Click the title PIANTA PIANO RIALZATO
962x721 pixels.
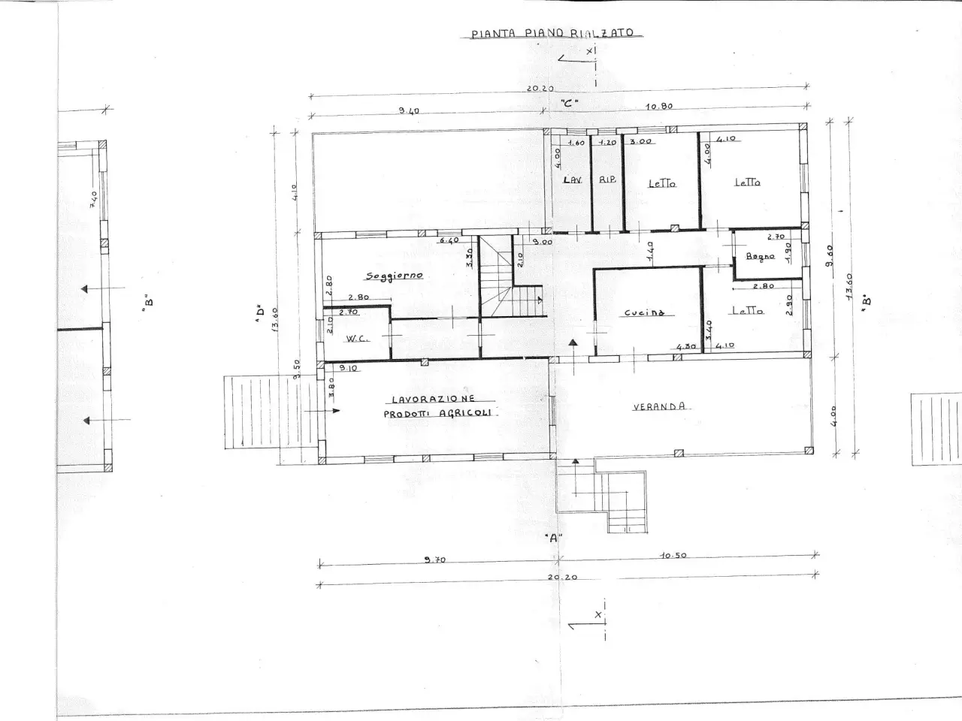(552, 34)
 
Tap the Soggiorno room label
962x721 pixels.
(395, 276)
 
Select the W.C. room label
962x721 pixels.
(355, 339)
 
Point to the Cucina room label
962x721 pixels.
(645, 312)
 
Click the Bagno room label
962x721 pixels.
(760, 257)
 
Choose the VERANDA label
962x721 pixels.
(659, 406)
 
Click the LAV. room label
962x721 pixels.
(573, 180)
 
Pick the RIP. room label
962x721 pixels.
(607, 180)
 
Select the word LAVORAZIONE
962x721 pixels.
(433, 400)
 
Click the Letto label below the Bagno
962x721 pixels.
(748, 310)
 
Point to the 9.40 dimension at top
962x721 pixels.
(409, 111)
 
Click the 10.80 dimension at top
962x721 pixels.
(658, 107)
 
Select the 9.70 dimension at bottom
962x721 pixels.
(435, 560)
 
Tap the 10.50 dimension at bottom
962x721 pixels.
(673, 556)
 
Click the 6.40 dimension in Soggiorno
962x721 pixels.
(449, 240)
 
